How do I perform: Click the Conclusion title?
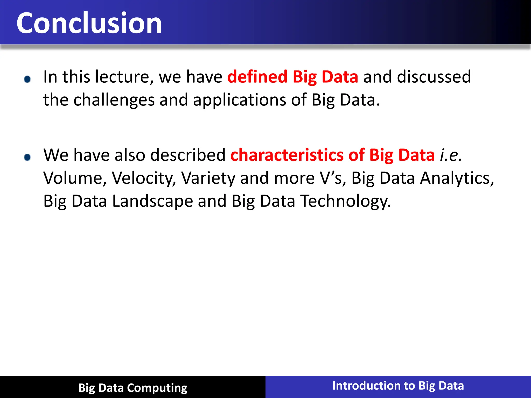(89, 23)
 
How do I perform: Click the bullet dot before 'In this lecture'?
(27, 79)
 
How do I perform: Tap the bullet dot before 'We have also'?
(27, 157)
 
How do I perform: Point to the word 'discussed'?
(434, 77)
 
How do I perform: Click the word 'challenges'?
(114, 100)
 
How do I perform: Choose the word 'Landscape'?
(152, 201)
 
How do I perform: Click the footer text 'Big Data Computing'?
(133, 388)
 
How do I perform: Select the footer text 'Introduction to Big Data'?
(398, 386)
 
